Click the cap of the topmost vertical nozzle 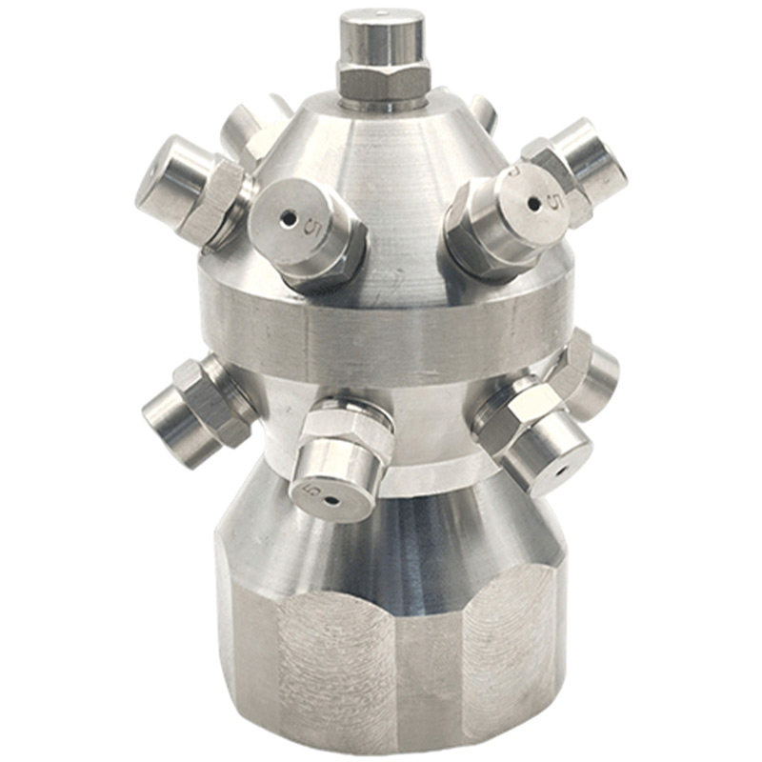(381, 38)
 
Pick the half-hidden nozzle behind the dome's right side (486, 110)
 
